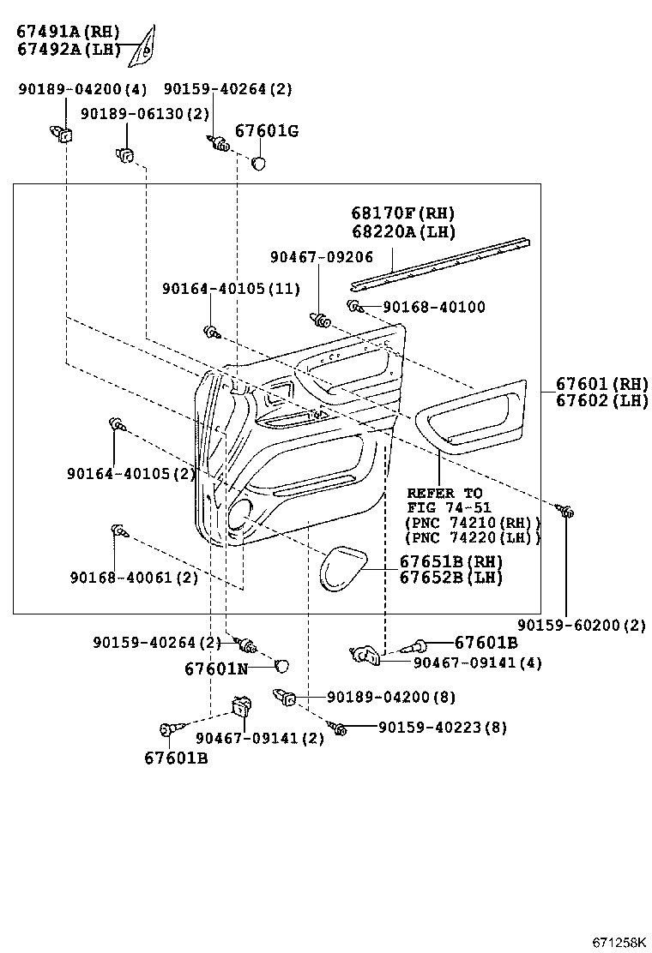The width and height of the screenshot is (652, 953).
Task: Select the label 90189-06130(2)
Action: (145, 114)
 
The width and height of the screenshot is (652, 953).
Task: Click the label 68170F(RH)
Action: (402, 213)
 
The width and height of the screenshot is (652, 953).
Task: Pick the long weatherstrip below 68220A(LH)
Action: (443, 261)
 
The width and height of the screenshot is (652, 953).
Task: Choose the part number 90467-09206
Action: (321, 255)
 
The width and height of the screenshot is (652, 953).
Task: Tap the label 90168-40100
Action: (433, 307)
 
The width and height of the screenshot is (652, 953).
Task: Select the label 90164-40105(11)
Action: (231, 289)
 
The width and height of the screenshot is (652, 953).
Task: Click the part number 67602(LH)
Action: (601, 400)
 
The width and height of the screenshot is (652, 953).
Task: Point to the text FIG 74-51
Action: (449, 508)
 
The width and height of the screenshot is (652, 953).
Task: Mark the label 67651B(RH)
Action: (450, 561)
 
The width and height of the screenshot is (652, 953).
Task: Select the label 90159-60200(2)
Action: (582, 625)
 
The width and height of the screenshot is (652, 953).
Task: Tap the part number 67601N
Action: (215, 668)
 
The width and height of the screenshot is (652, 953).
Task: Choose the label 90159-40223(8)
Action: (443, 728)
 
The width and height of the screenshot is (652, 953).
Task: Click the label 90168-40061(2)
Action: (135, 577)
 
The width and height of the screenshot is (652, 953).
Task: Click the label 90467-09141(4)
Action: (477, 662)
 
